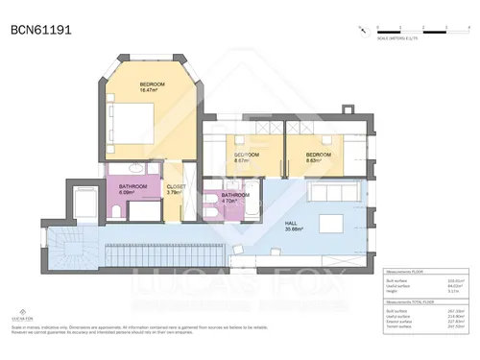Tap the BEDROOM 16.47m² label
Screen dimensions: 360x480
153,88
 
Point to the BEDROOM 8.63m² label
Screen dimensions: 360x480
318,157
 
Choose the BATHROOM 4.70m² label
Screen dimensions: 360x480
235,198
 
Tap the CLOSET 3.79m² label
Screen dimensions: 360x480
177,189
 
